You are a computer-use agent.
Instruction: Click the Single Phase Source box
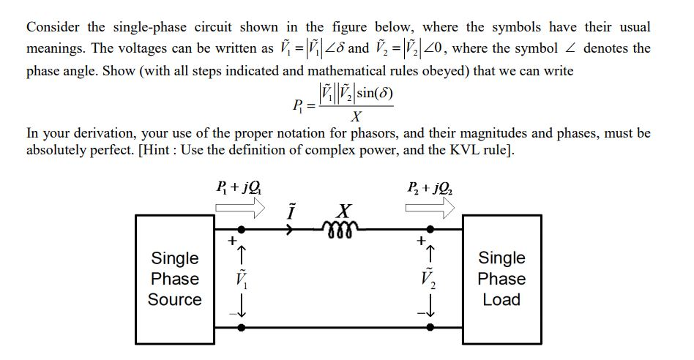(x=175, y=279)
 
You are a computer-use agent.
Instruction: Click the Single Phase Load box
(x=501, y=279)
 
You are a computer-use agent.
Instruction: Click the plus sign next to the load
(x=421, y=239)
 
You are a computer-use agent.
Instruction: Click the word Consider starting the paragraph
(x=54, y=28)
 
